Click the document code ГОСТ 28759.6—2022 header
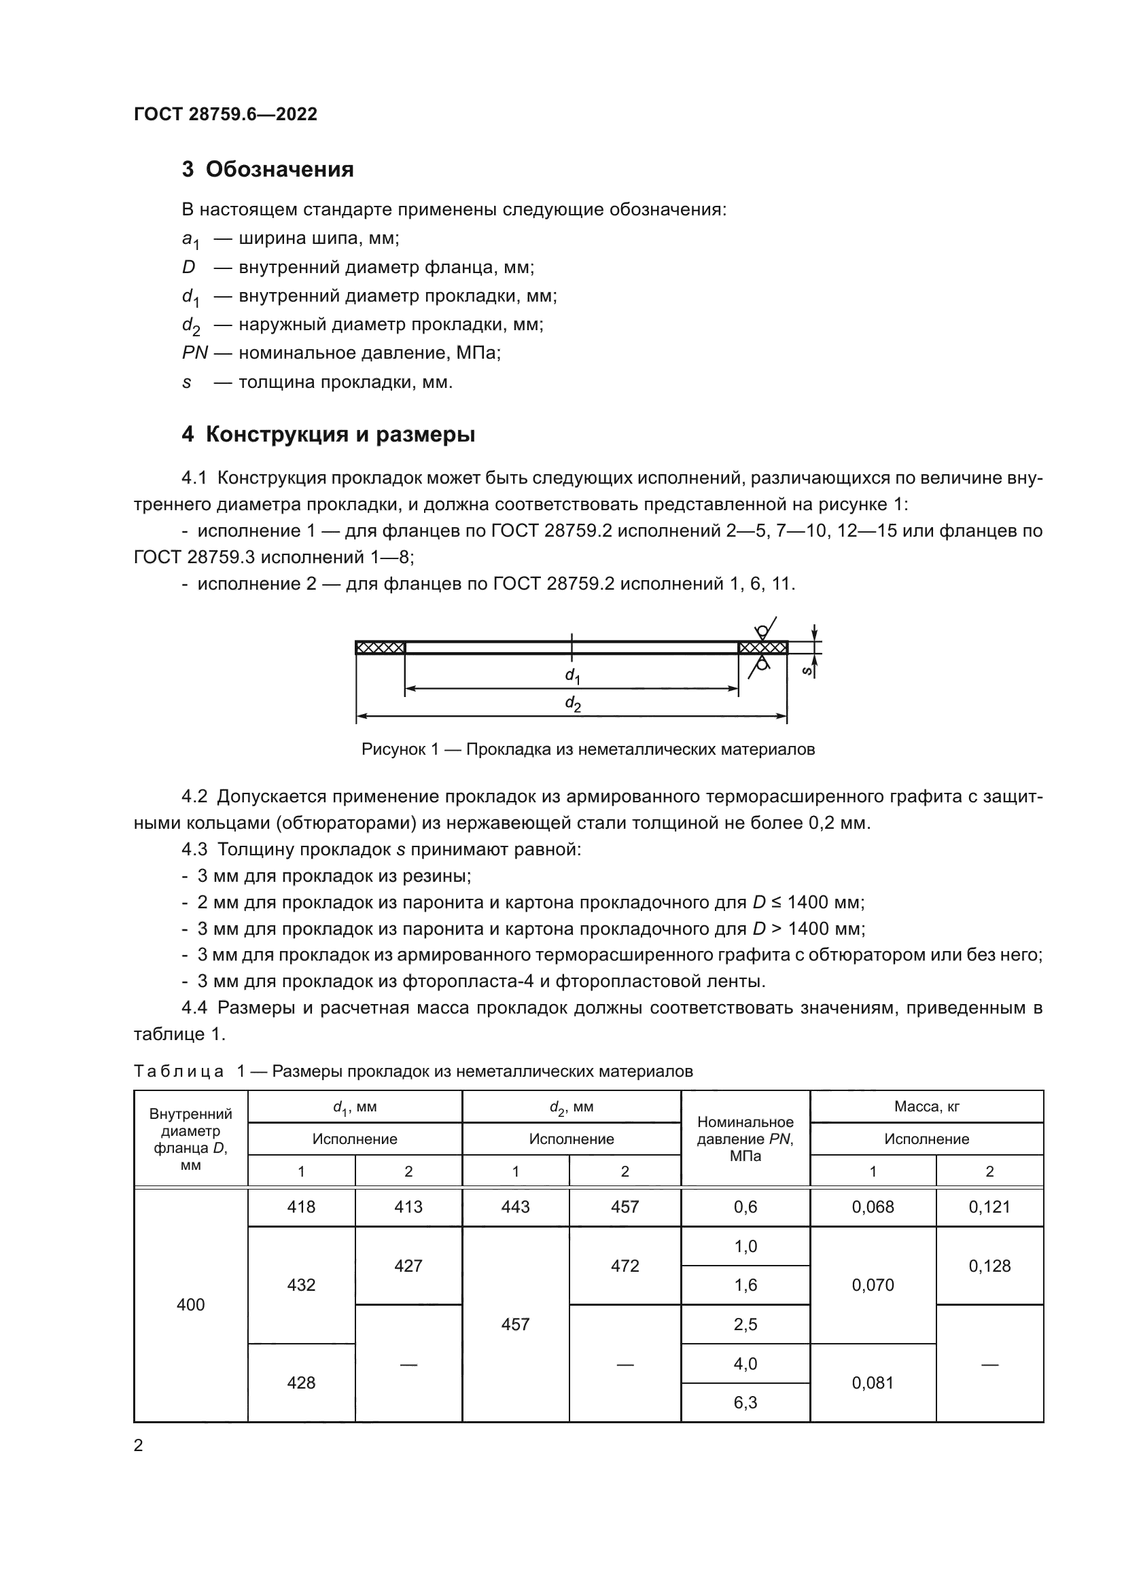click(x=226, y=114)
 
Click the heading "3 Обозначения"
click(x=267, y=170)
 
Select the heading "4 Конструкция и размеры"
click(x=328, y=435)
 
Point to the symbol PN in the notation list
click(x=194, y=353)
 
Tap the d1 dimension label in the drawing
click(x=572, y=675)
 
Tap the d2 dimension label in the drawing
click(x=572, y=704)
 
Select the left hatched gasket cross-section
click(x=380, y=648)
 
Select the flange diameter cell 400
click(x=190, y=1304)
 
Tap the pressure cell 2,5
click(x=745, y=1324)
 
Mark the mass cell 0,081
click(x=873, y=1382)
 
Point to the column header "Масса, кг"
click(x=926, y=1107)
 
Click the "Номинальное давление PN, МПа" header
click(x=745, y=1139)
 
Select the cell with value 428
click(x=301, y=1382)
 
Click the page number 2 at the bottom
click(x=139, y=1446)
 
